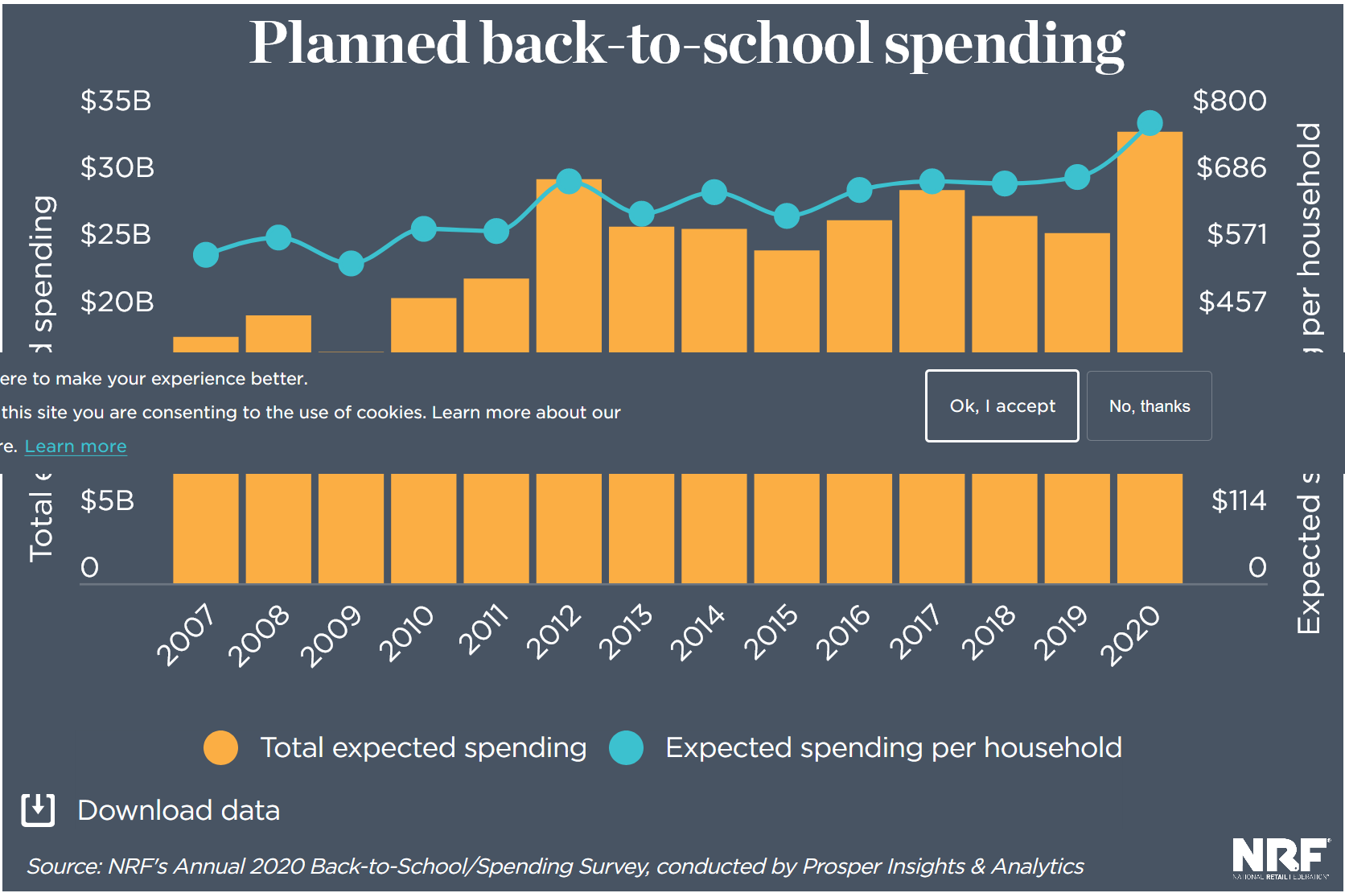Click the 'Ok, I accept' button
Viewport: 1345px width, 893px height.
1002,406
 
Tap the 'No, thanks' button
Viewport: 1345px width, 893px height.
1149,406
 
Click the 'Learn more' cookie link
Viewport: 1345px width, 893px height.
76,446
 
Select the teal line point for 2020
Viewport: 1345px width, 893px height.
1150,123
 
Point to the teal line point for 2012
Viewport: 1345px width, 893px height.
569,181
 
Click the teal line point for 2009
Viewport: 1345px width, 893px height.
351,263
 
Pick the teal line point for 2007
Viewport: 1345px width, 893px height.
206,255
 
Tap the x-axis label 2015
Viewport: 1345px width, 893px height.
771,632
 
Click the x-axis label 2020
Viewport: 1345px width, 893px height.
1130,635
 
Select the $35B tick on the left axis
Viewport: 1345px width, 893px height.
116,101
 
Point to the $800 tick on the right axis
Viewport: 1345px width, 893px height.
1229,101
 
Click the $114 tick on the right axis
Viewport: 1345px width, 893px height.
1239,500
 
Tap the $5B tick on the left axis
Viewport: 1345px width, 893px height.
107,500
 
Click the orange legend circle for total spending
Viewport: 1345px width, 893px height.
221,747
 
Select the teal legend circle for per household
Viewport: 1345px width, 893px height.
626,747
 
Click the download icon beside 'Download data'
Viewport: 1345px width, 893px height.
38,810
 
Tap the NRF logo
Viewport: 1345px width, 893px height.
1280,858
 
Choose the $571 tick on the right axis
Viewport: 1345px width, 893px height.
1236,235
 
